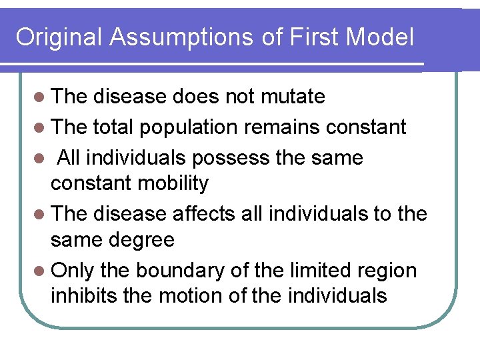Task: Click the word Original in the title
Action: point(59,37)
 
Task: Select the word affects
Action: point(203,213)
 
